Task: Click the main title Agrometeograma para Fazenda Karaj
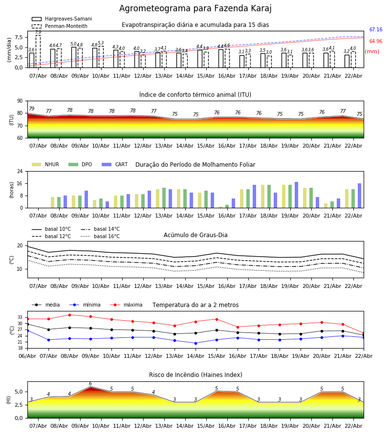(195, 9)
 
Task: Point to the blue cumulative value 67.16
(376, 30)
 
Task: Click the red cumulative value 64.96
(376, 42)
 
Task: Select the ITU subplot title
(195, 95)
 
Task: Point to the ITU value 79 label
(32, 109)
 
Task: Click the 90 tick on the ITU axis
(20, 101)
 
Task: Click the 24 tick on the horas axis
(20, 172)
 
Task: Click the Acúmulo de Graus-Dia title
(195, 235)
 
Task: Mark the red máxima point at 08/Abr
(69, 315)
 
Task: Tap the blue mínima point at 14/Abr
(195, 343)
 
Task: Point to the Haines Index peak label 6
(90, 384)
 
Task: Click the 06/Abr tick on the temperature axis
(27, 355)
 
